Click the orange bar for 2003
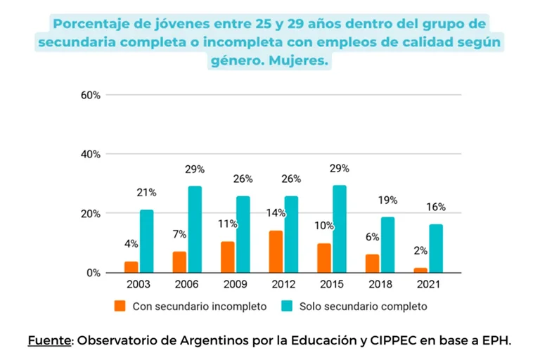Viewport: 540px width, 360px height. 131,267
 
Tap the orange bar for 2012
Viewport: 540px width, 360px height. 276,252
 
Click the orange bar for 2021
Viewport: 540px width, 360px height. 420,270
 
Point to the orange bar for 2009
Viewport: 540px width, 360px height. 227,257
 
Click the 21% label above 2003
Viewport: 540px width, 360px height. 147,193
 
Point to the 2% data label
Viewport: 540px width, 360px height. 420,251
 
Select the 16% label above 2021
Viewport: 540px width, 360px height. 436,207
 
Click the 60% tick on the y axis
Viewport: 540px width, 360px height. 91,95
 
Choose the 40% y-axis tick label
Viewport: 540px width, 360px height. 91,154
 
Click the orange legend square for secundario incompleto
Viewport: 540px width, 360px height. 120,307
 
